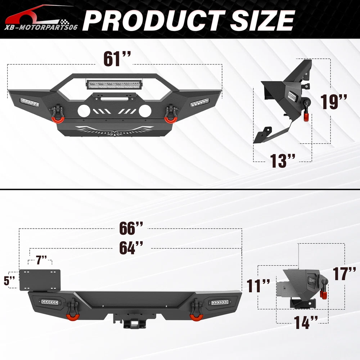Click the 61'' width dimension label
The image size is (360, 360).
117,59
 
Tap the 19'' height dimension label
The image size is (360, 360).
334,102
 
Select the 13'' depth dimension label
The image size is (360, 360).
282,161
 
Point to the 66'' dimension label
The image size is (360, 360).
131,228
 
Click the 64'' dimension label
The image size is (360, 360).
131,248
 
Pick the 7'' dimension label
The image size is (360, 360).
41,260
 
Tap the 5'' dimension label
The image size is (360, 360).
9,280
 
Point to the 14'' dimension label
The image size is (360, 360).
306,322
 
